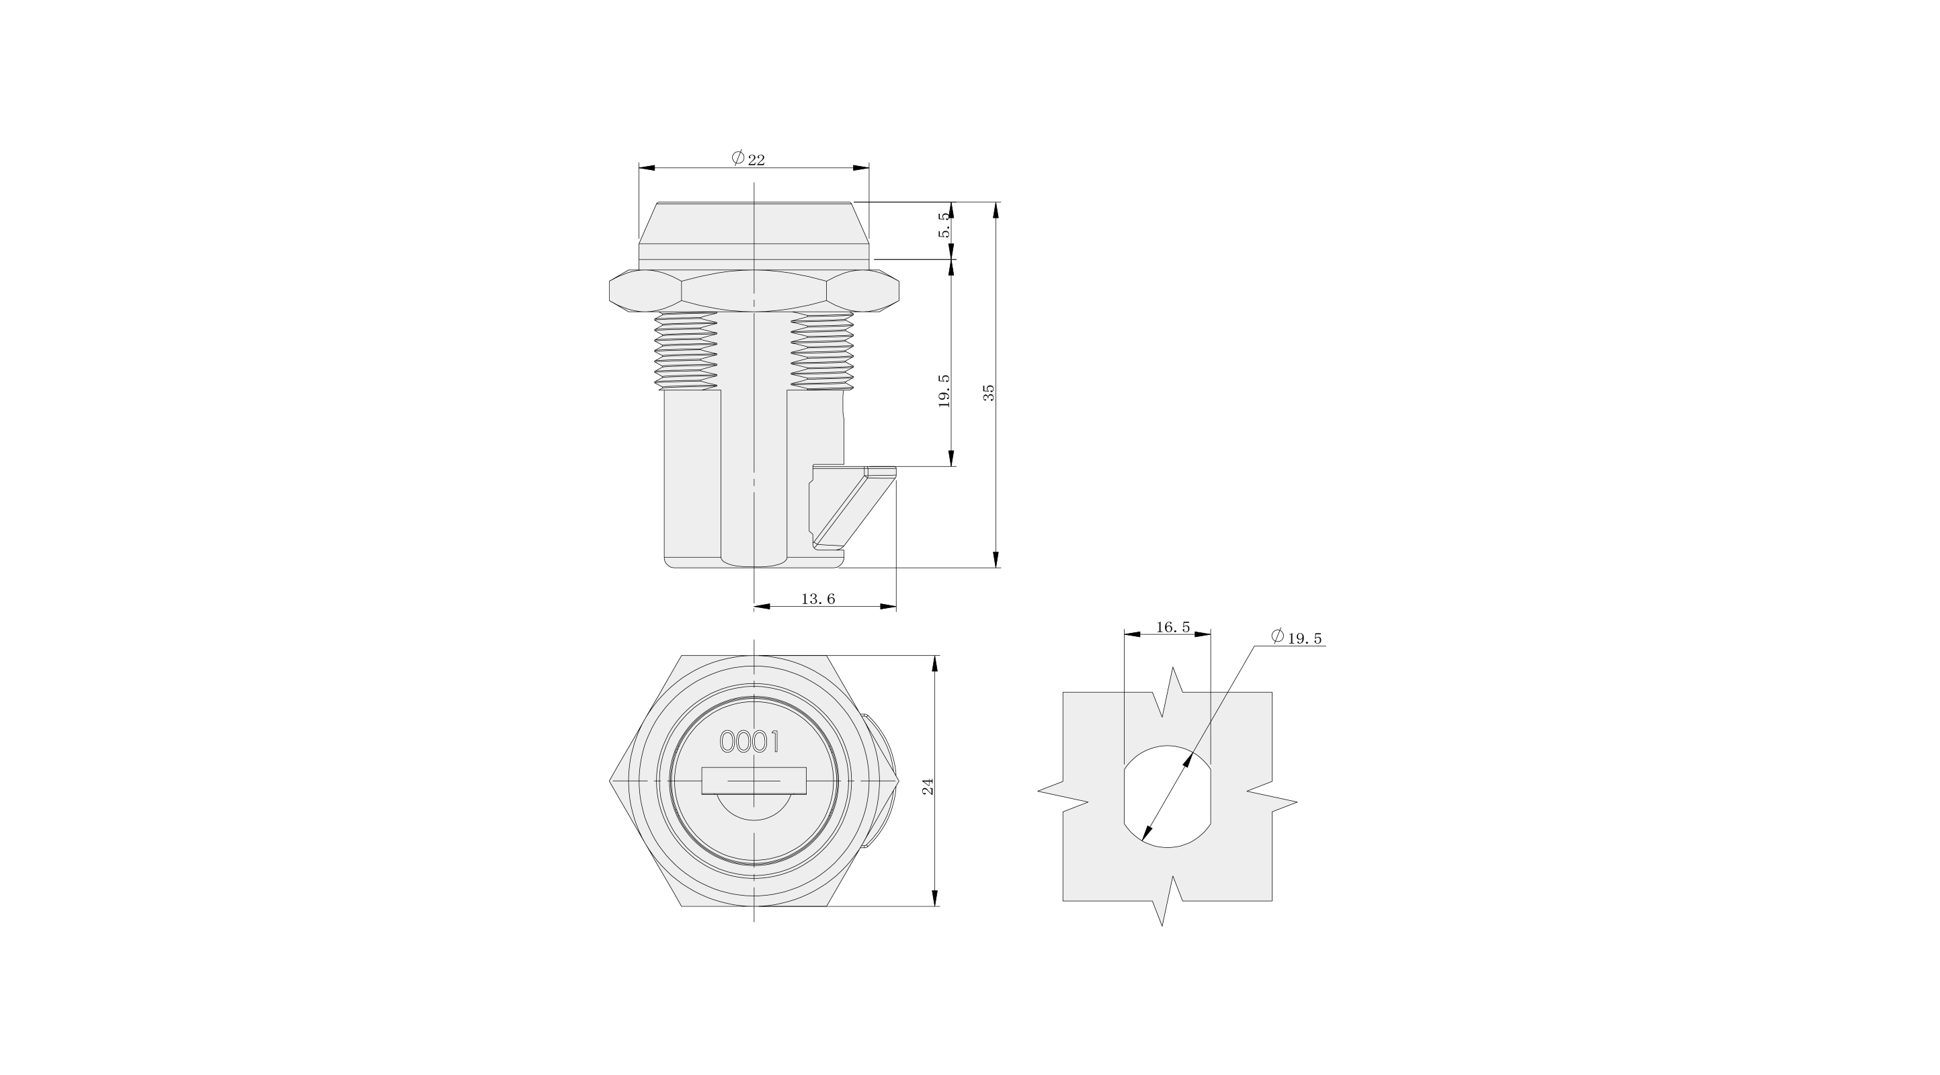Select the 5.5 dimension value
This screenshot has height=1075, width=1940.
pos(944,225)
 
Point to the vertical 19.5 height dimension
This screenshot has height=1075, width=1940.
pos(944,392)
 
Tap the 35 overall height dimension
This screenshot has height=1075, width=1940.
pos(989,392)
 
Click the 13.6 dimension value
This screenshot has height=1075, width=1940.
pos(818,599)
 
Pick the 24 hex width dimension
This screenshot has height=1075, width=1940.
pos(928,787)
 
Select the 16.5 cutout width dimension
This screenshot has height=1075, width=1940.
pos(1173,627)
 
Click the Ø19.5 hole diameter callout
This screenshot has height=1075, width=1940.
pos(1297,638)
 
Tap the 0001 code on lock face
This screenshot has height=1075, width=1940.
pos(749,742)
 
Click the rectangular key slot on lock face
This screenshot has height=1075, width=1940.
pos(754,781)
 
